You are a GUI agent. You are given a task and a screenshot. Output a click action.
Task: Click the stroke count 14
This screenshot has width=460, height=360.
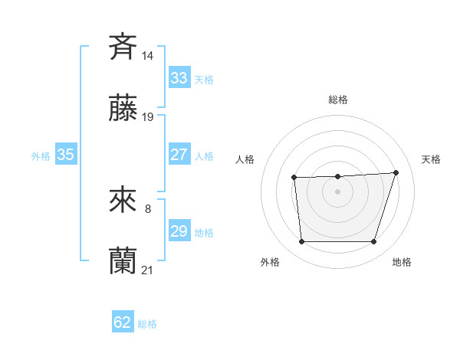[x=148, y=55]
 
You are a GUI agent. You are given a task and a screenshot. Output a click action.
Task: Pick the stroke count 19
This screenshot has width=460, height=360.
[x=148, y=117]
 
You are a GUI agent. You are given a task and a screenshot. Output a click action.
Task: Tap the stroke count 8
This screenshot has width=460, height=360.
[x=148, y=208]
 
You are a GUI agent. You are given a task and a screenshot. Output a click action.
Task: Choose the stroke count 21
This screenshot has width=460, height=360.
[x=148, y=270]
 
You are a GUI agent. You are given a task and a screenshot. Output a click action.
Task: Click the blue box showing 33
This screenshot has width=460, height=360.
[x=179, y=77]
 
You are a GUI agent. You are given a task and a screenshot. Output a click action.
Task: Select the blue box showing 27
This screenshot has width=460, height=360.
[x=179, y=154]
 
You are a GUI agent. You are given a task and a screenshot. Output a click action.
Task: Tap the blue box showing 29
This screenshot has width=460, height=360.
[x=179, y=231]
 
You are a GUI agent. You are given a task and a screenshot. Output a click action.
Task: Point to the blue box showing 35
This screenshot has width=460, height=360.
[x=66, y=154]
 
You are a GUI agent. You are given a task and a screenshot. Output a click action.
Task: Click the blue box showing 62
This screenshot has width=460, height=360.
[x=123, y=322]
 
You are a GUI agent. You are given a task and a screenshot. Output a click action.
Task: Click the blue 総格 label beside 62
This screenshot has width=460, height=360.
[x=147, y=324]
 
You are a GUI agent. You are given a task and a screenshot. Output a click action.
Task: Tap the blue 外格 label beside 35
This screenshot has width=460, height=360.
[x=41, y=156]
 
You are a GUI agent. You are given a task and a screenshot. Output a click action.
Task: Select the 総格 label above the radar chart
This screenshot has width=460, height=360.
[x=337, y=100]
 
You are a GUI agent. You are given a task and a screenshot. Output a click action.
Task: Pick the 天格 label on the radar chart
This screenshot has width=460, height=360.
[x=432, y=159]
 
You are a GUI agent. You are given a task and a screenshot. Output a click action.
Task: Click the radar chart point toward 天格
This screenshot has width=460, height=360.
[x=396, y=172]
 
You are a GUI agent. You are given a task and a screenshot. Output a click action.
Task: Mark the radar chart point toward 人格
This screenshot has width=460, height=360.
[x=294, y=178]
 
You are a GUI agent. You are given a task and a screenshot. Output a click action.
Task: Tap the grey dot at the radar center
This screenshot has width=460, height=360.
[x=337, y=191]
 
